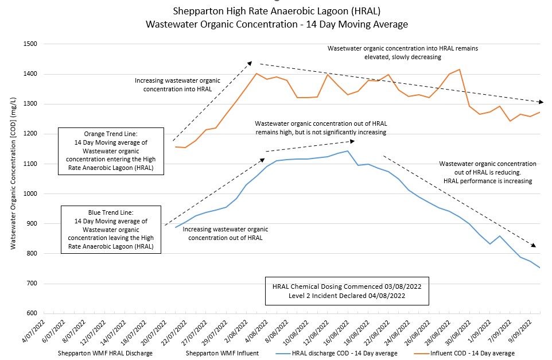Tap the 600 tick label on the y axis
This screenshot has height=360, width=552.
tap(30, 313)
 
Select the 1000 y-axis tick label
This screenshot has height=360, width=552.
tap(29, 194)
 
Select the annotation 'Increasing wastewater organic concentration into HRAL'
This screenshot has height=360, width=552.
tap(173, 85)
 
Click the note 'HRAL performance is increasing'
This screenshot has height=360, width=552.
tap(488, 181)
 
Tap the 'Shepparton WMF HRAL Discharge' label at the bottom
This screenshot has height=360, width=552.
tap(105, 353)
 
